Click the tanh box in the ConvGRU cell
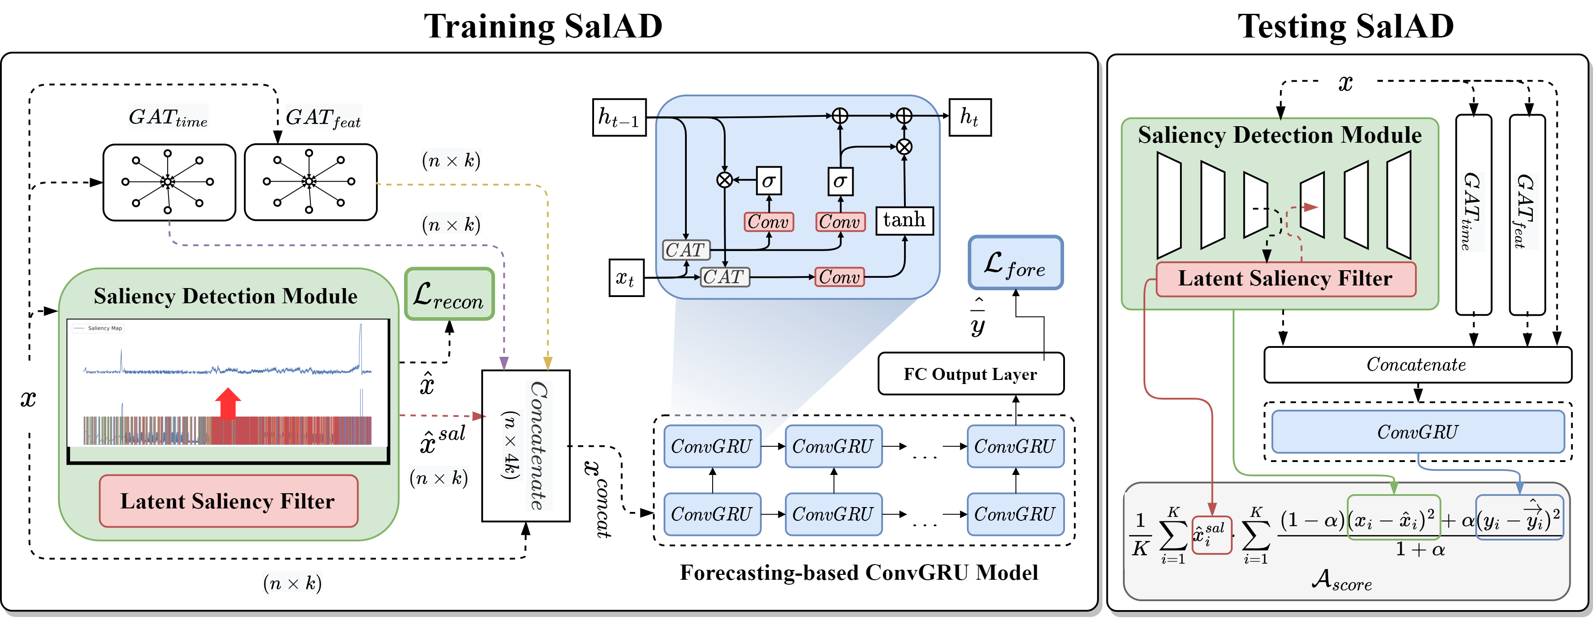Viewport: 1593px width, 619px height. pyautogui.click(x=904, y=220)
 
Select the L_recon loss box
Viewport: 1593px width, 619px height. pyautogui.click(x=449, y=294)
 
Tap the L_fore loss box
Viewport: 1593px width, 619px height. pyautogui.click(x=1015, y=263)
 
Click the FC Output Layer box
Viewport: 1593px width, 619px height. pyautogui.click(x=971, y=374)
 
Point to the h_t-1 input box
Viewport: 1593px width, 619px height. pyautogui.click(x=619, y=117)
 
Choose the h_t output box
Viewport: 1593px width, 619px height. pyautogui.click(x=970, y=117)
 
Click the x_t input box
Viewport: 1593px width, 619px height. pyautogui.click(x=627, y=278)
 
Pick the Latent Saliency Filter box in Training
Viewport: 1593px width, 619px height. pyautogui.click(x=228, y=501)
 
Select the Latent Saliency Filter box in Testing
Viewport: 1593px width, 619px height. pyautogui.click(x=1286, y=279)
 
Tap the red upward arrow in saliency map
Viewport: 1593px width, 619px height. pyautogui.click(x=228, y=403)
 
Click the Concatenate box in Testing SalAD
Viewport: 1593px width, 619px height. pyautogui.click(x=1417, y=365)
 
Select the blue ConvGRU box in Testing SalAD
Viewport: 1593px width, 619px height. pyautogui.click(x=1417, y=432)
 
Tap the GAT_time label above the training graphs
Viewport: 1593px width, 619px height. pyautogui.click(x=168, y=117)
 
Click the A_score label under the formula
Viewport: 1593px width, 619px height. pyautogui.click(x=1342, y=580)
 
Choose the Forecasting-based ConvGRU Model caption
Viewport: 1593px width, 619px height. pyautogui.click(x=859, y=573)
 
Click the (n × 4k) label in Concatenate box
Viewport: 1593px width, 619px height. pyautogui.click(x=510, y=445)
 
